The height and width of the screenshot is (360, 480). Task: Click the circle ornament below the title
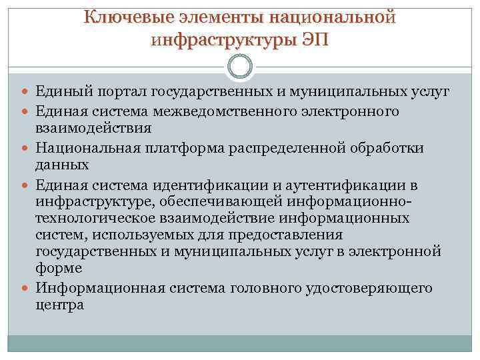tap(239, 67)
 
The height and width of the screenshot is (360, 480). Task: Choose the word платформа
tap(187, 147)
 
